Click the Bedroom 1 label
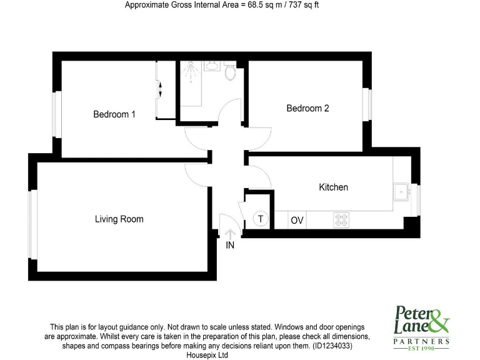point(114,114)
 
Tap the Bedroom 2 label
point(307,108)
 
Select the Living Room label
point(119,219)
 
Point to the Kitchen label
point(333,187)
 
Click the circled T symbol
point(261,219)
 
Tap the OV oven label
point(297,220)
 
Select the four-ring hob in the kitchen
point(341,220)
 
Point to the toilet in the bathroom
point(230,72)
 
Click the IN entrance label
point(230,246)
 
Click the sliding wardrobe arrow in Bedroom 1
point(160,89)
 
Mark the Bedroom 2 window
point(368,105)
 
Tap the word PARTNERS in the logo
point(421,341)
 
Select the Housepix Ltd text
point(207,355)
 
